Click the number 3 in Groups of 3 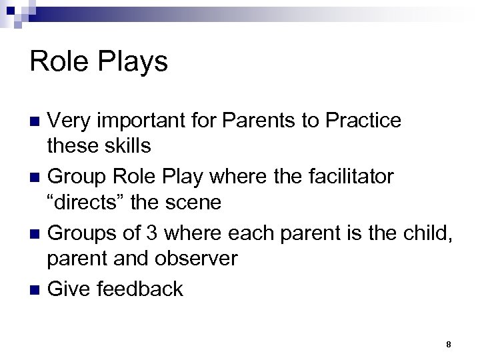click(157, 233)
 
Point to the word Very click(70, 121)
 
